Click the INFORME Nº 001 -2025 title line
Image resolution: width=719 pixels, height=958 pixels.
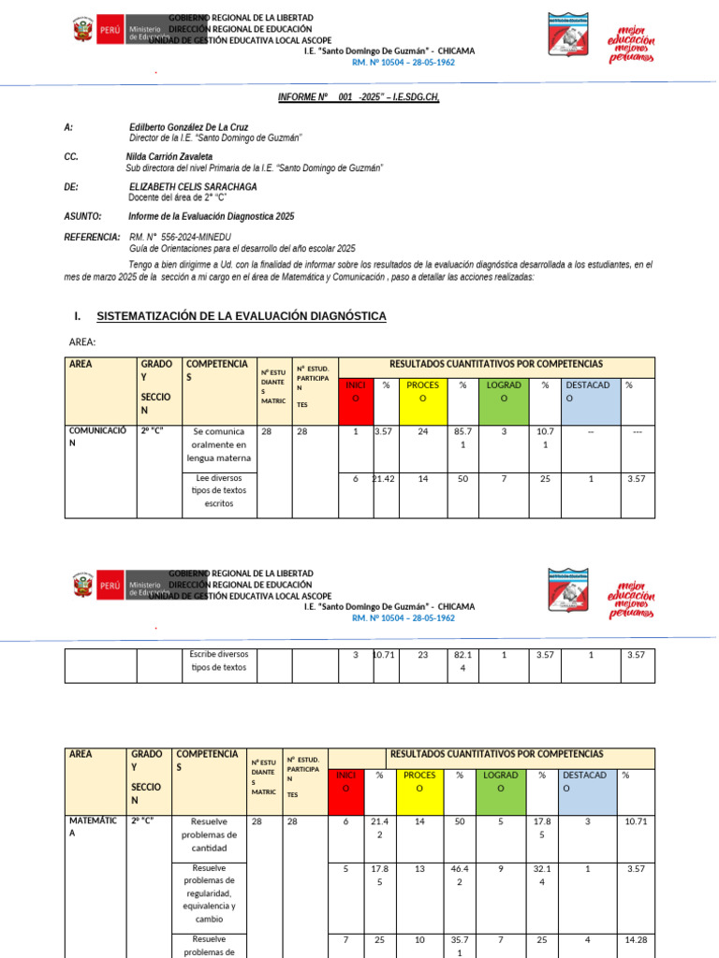click(359, 97)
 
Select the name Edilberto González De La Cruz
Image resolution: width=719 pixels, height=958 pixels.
click(189, 126)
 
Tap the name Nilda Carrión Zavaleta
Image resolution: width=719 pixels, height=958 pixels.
click(169, 156)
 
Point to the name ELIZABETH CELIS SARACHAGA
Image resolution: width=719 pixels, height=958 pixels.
click(193, 187)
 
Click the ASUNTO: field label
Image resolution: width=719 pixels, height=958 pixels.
click(82, 216)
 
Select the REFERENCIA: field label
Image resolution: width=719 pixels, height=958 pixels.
click(92, 238)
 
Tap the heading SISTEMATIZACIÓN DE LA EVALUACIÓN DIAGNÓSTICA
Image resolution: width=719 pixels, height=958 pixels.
click(241, 316)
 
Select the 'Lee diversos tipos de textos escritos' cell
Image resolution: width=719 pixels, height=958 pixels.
click(220, 490)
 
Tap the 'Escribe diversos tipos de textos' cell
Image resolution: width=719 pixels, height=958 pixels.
click(218, 661)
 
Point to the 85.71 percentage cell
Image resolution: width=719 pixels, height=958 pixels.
click(460, 437)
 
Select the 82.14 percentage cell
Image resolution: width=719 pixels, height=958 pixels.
click(460, 661)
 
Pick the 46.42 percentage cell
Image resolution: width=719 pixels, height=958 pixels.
click(460, 875)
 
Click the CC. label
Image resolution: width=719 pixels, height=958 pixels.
click(71, 156)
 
